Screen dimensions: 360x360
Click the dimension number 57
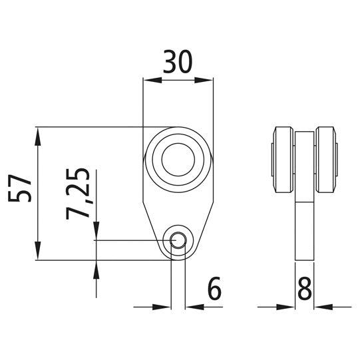(x=20, y=189)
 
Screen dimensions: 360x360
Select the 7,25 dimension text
(x=79, y=194)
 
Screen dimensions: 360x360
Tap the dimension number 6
(x=214, y=289)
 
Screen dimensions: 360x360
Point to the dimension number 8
(x=305, y=289)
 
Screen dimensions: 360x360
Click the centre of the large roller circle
(x=178, y=158)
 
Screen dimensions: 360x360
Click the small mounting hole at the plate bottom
(x=178, y=240)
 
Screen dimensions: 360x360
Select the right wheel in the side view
(x=327, y=159)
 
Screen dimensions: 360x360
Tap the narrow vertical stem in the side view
(x=304, y=230)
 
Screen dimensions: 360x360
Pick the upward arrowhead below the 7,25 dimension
(x=97, y=270)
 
